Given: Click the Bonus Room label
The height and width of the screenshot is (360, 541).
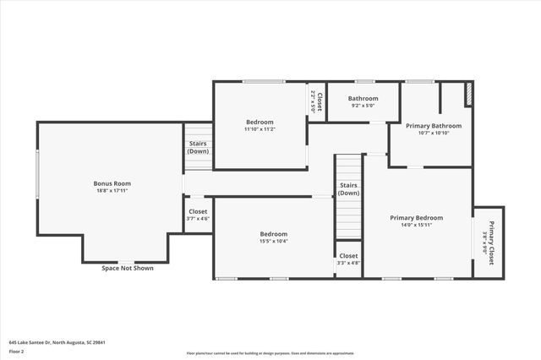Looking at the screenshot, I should [112, 183].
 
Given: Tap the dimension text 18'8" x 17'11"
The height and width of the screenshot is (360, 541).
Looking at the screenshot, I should [112, 191].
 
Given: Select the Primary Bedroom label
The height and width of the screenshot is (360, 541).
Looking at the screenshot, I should [416, 217].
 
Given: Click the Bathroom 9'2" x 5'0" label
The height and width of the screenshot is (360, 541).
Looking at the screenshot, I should [363, 99].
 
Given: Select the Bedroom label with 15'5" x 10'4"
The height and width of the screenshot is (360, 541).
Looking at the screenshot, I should [273, 234].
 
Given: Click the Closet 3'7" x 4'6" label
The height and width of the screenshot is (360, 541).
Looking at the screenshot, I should [198, 211].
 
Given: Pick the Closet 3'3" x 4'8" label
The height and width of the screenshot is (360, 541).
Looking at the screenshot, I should [347, 255].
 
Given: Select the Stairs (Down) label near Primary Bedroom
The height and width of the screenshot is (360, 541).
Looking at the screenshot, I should [348, 188].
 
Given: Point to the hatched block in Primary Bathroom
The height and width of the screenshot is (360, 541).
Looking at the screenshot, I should [468, 95].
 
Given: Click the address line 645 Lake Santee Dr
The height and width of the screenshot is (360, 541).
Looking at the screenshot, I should [57, 342].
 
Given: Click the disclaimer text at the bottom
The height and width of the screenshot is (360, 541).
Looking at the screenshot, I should [270, 352].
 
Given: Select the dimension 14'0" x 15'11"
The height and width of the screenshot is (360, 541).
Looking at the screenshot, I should [416, 225].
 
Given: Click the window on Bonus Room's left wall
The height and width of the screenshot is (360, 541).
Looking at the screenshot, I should [37, 174].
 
